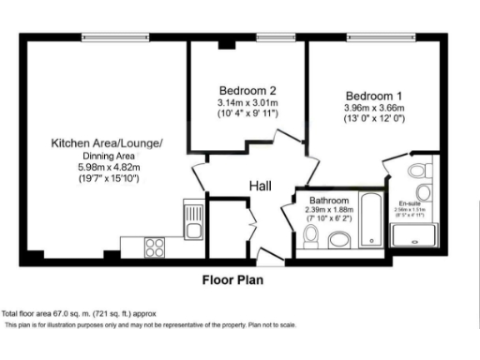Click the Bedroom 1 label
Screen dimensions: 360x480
click(x=374, y=96)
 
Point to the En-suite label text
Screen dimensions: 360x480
click(x=410, y=202)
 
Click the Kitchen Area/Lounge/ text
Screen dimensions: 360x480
click(x=107, y=142)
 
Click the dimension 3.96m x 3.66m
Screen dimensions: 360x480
click(x=373, y=109)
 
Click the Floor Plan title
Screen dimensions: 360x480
click(x=233, y=279)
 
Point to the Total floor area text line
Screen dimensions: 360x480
click(x=79, y=313)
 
